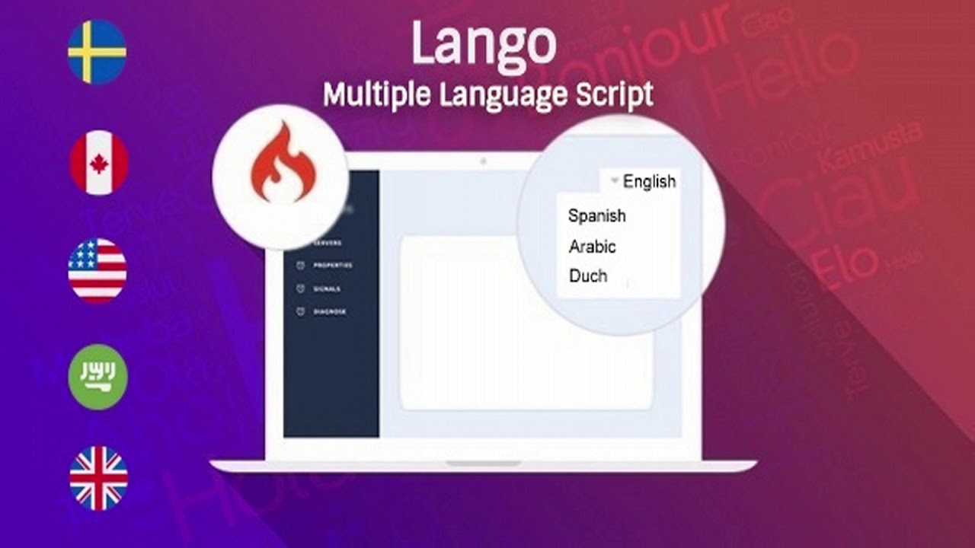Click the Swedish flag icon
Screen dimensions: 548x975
coord(97,52)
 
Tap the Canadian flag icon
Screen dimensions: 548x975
coord(99,163)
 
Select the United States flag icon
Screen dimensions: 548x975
coord(97,271)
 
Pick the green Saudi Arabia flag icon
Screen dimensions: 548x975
coord(97,377)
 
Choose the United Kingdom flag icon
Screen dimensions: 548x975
coord(99,478)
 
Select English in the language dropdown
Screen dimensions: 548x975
coord(649,181)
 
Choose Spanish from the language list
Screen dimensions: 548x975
coord(596,215)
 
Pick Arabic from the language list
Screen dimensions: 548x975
coord(592,247)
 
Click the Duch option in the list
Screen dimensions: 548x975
coord(588,276)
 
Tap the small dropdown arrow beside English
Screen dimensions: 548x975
coord(614,181)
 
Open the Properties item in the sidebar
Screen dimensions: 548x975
coord(333,266)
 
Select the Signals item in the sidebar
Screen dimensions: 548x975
coord(327,289)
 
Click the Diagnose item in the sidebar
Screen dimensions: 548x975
coord(330,312)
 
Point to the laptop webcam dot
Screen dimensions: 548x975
coord(483,161)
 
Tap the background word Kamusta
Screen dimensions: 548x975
coord(868,148)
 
